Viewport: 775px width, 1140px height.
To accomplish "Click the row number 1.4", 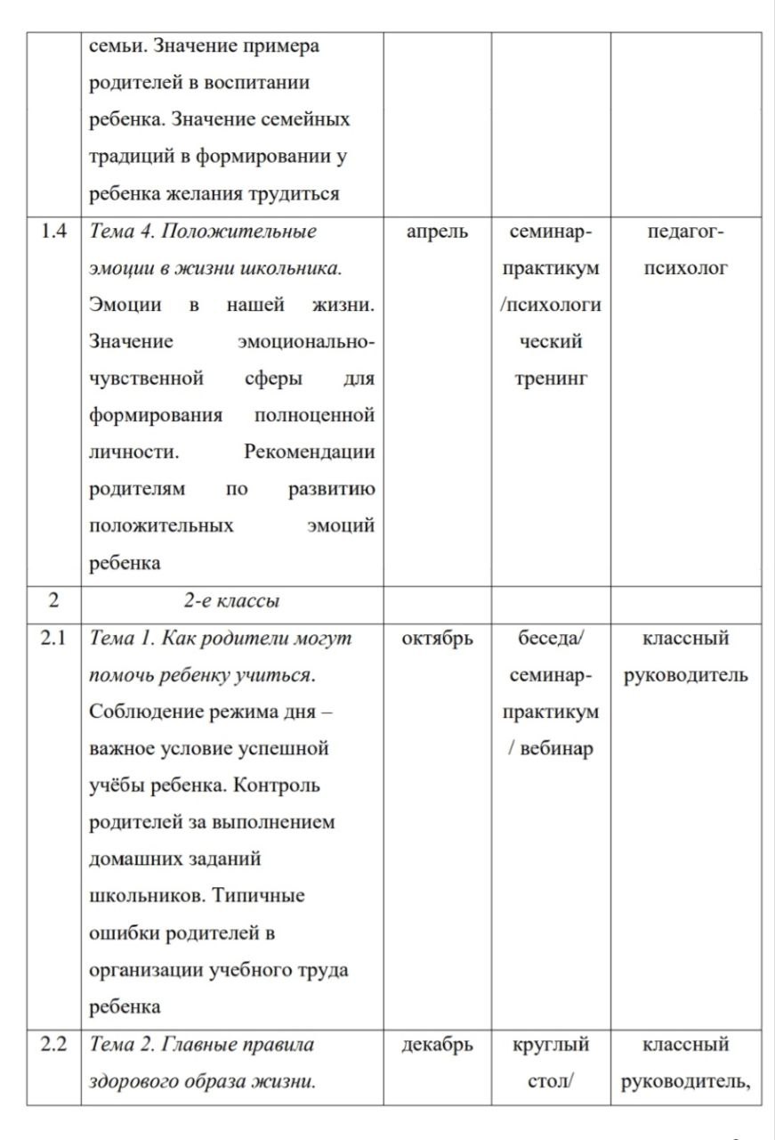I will tap(53, 232).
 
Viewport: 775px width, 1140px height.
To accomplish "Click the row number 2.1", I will tap(53, 639).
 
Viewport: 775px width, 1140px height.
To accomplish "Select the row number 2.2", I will tap(53, 1045).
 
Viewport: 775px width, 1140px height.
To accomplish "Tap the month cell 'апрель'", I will tap(437, 232).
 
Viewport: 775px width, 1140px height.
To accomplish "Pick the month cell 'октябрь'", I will tap(437, 639).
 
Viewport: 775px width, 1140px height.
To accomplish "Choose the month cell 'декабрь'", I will tap(437, 1045).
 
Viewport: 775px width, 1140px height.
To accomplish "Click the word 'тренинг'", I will tap(550, 379).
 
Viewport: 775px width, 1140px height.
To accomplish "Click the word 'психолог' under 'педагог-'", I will tap(685, 268).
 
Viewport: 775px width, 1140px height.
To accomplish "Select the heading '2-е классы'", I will tap(231, 601).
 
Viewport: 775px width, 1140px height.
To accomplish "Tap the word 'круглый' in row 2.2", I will tap(551, 1045).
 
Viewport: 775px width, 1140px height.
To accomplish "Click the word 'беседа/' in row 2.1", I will tap(550, 639).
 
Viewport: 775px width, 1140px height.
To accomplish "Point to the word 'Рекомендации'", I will tap(309, 452).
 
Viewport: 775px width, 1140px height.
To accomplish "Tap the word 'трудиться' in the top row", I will tap(298, 194).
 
